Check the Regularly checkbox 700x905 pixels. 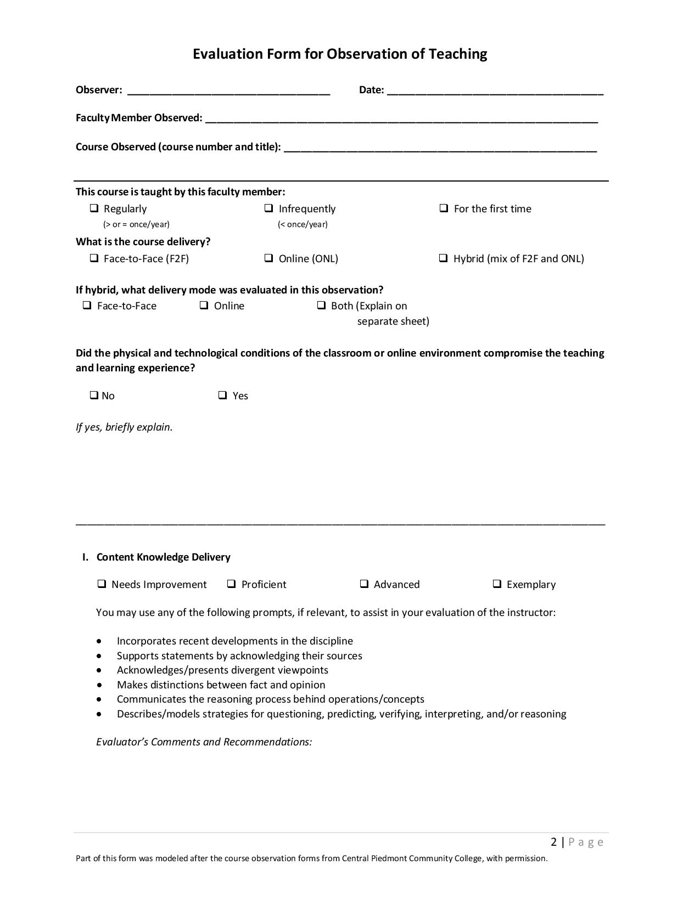click(x=94, y=208)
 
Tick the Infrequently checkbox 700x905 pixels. click(x=268, y=208)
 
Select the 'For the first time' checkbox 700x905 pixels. click(x=444, y=208)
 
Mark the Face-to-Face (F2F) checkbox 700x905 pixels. click(x=94, y=258)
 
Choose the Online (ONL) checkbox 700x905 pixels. click(x=268, y=258)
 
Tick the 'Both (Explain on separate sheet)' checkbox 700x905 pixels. click(x=321, y=306)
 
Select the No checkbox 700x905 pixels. click(x=94, y=395)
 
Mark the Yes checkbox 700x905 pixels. click(x=222, y=395)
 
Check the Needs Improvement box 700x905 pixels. click(x=102, y=584)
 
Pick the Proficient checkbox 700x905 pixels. click(x=231, y=584)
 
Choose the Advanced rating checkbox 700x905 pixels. click(x=364, y=584)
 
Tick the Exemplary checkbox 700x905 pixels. click(x=497, y=584)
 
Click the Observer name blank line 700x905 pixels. click(x=228, y=90)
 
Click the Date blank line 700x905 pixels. click(x=495, y=90)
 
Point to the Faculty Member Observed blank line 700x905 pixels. click(x=401, y=118)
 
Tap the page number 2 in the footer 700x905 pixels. click(x=554, y=842)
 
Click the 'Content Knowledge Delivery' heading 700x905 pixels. click(x=163, y=557)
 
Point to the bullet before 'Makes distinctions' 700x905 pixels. click(x=99, y=685)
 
